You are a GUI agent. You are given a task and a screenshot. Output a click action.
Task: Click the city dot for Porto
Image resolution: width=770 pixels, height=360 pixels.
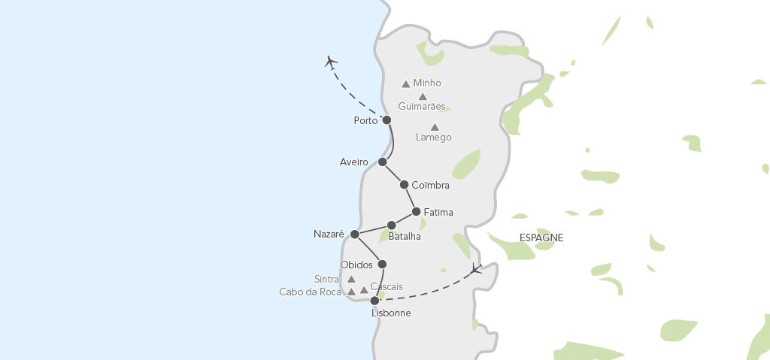(387, 120)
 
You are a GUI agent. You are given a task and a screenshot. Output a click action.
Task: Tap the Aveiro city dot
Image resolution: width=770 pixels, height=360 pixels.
(383, 162)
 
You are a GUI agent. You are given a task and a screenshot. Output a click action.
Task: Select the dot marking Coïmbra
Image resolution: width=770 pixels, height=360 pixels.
(404, 185)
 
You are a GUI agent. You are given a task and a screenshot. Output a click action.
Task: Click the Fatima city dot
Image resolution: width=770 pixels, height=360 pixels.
(416, 212)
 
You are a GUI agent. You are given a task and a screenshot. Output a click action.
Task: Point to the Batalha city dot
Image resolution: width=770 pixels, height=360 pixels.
(391, 225)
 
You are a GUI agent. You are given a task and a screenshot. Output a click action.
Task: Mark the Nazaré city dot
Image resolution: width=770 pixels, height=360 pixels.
(355, 234)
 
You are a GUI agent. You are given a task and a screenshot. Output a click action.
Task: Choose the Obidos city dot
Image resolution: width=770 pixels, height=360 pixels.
(382, 265)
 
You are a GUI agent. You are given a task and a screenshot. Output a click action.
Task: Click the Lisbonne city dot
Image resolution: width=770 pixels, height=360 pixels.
(374, 301)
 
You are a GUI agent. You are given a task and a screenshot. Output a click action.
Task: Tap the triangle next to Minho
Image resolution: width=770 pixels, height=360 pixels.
(406, 84)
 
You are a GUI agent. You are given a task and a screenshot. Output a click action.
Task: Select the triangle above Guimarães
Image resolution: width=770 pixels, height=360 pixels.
(423, 96)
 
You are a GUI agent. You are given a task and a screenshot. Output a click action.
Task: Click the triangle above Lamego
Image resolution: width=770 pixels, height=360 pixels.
(435, 127)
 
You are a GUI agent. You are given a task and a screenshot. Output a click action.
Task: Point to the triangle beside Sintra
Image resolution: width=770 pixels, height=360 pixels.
(350, 279)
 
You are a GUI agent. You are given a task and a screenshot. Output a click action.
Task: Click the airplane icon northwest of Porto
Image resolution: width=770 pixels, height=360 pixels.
(331, 62)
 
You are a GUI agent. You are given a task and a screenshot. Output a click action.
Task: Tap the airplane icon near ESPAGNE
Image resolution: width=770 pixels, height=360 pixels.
(475, 268)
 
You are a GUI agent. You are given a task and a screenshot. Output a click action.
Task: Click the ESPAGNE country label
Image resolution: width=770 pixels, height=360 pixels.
(541, 237)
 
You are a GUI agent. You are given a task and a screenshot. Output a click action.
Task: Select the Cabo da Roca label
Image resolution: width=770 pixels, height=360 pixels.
(311, 292)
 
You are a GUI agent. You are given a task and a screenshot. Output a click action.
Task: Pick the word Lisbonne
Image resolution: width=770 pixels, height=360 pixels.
(391, 313)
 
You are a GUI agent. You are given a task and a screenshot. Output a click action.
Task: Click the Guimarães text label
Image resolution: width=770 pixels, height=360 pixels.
(422, 107)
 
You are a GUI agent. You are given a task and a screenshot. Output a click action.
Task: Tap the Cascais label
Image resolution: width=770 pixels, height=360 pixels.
(387, 286)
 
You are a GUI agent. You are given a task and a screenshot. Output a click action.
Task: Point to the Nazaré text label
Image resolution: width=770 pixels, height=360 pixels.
(329, 234)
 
